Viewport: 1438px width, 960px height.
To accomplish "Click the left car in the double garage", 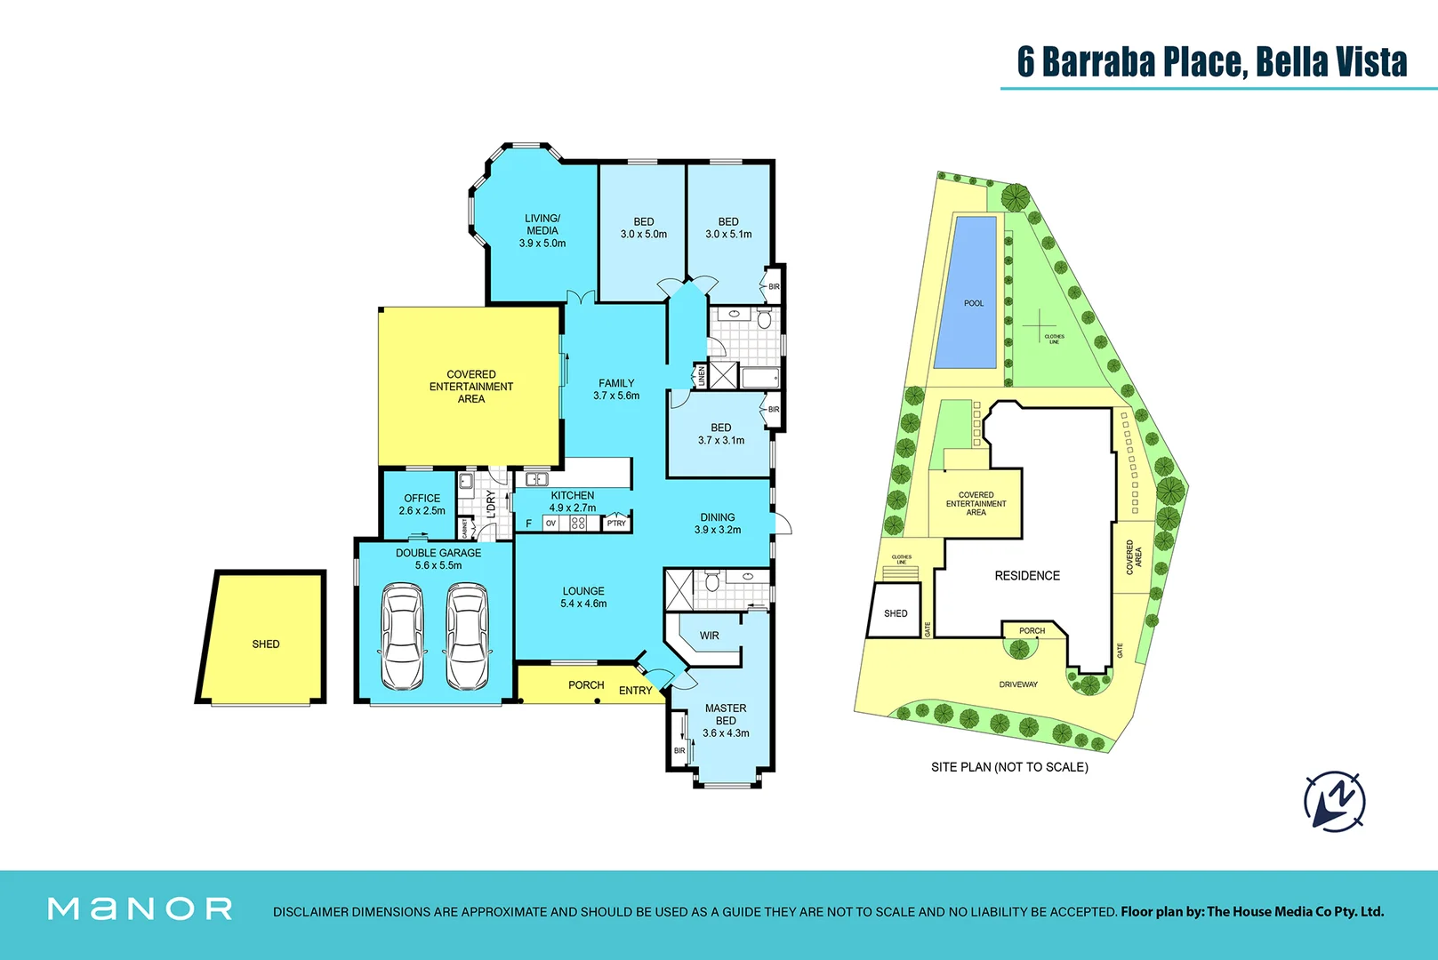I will (402, 636).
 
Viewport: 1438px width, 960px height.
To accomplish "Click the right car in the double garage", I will (467, 636).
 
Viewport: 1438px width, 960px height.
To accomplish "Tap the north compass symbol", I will (1335, 801).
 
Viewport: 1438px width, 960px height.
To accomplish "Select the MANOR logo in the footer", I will (141, 908).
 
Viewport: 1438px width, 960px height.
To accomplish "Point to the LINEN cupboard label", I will (701, 376).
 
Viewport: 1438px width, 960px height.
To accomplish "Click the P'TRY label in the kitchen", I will (616, 524).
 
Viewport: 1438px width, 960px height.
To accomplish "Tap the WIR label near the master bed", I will (709, 636).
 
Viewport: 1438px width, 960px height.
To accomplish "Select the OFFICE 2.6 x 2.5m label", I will (422, 504).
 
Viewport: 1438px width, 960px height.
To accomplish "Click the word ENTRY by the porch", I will (635, 691).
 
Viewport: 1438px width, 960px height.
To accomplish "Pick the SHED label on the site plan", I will (896, 613).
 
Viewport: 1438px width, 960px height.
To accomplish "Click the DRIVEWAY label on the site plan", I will (1018, 684).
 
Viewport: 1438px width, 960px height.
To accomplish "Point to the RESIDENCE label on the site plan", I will (1027, 576).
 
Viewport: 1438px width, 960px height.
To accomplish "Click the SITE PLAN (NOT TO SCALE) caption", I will (1009, 767).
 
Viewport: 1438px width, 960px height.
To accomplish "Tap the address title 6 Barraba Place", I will (1212, 62).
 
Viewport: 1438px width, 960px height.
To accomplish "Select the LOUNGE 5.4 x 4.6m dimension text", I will (583, 604).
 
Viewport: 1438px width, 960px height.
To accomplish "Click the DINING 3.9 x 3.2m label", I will (717, 524).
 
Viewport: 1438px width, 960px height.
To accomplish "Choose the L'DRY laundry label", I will (491, 504).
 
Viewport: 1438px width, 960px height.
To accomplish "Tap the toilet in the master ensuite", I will (711, 583).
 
